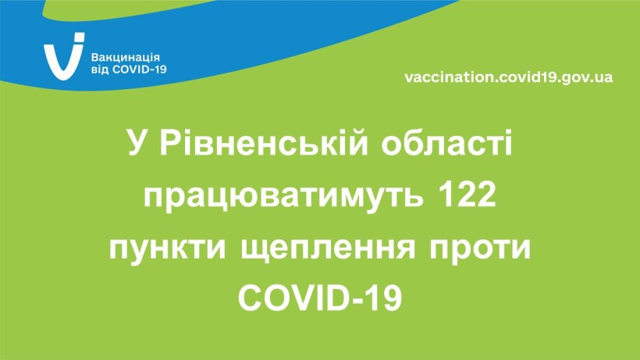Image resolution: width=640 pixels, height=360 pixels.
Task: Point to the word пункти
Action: (x=167, y=248)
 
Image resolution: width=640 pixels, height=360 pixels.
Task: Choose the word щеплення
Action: (x=328, y=249)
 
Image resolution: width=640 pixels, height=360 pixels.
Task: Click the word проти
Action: (x=480, y=248)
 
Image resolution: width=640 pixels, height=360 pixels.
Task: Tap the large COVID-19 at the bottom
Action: (x=320, y=298)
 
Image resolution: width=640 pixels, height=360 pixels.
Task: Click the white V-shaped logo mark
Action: (x=62, y=60)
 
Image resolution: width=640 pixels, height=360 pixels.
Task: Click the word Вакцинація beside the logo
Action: (x=125, y=58)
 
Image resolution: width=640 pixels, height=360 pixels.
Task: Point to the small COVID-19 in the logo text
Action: (x=139, y=70)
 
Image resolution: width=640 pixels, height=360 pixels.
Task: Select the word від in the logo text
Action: (x=100, y=70)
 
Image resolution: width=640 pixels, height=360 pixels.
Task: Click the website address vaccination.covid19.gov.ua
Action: (x=509, y=77)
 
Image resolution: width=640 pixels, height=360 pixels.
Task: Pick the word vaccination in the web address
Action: (x=450, y=77)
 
